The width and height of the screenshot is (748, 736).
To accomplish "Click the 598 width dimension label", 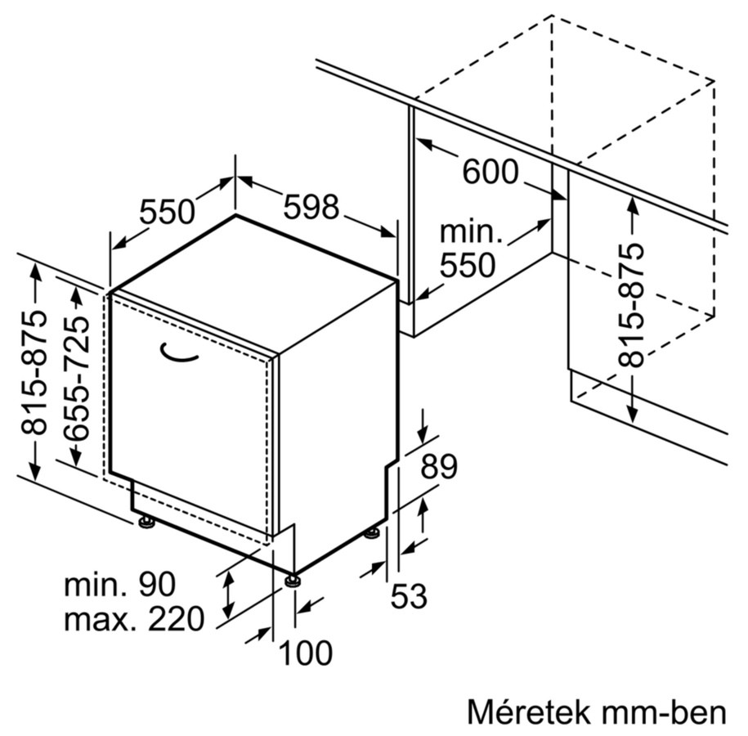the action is point(311,207).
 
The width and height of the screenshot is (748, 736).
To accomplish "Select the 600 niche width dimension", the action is point(490,172).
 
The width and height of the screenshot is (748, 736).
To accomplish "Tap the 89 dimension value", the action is point(439,466).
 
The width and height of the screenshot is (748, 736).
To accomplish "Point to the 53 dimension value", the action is point(409,596).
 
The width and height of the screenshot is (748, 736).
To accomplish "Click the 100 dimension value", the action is point(305,653).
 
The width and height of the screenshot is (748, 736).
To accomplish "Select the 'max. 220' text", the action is point(134,619).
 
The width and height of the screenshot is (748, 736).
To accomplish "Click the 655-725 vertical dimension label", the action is point(76,378).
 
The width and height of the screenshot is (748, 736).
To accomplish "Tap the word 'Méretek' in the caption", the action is point(527,711).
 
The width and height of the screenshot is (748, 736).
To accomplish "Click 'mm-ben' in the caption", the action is point(664,712).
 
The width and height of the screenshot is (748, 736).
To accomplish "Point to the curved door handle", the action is point(178,352).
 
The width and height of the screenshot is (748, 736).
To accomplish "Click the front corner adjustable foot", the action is point(293,581).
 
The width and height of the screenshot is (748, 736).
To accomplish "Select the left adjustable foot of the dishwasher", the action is point(146,522).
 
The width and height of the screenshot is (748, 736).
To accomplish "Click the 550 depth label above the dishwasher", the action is point(167,213).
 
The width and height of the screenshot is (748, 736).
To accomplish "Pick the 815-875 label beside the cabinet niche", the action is point(630,306).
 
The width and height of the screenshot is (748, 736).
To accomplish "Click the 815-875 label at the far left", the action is point(34,373).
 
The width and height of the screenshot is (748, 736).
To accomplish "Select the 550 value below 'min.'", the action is point(468,265).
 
